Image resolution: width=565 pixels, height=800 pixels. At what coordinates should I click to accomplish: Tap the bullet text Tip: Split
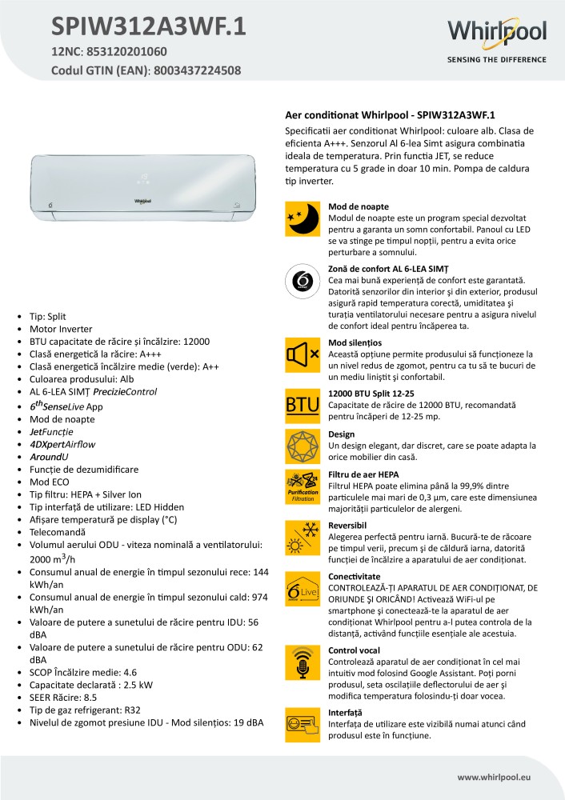pyautogui.click(x=50, y=316)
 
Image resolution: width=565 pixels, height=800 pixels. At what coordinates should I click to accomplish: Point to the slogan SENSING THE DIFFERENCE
pyautogui.click(x=496, y=59)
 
